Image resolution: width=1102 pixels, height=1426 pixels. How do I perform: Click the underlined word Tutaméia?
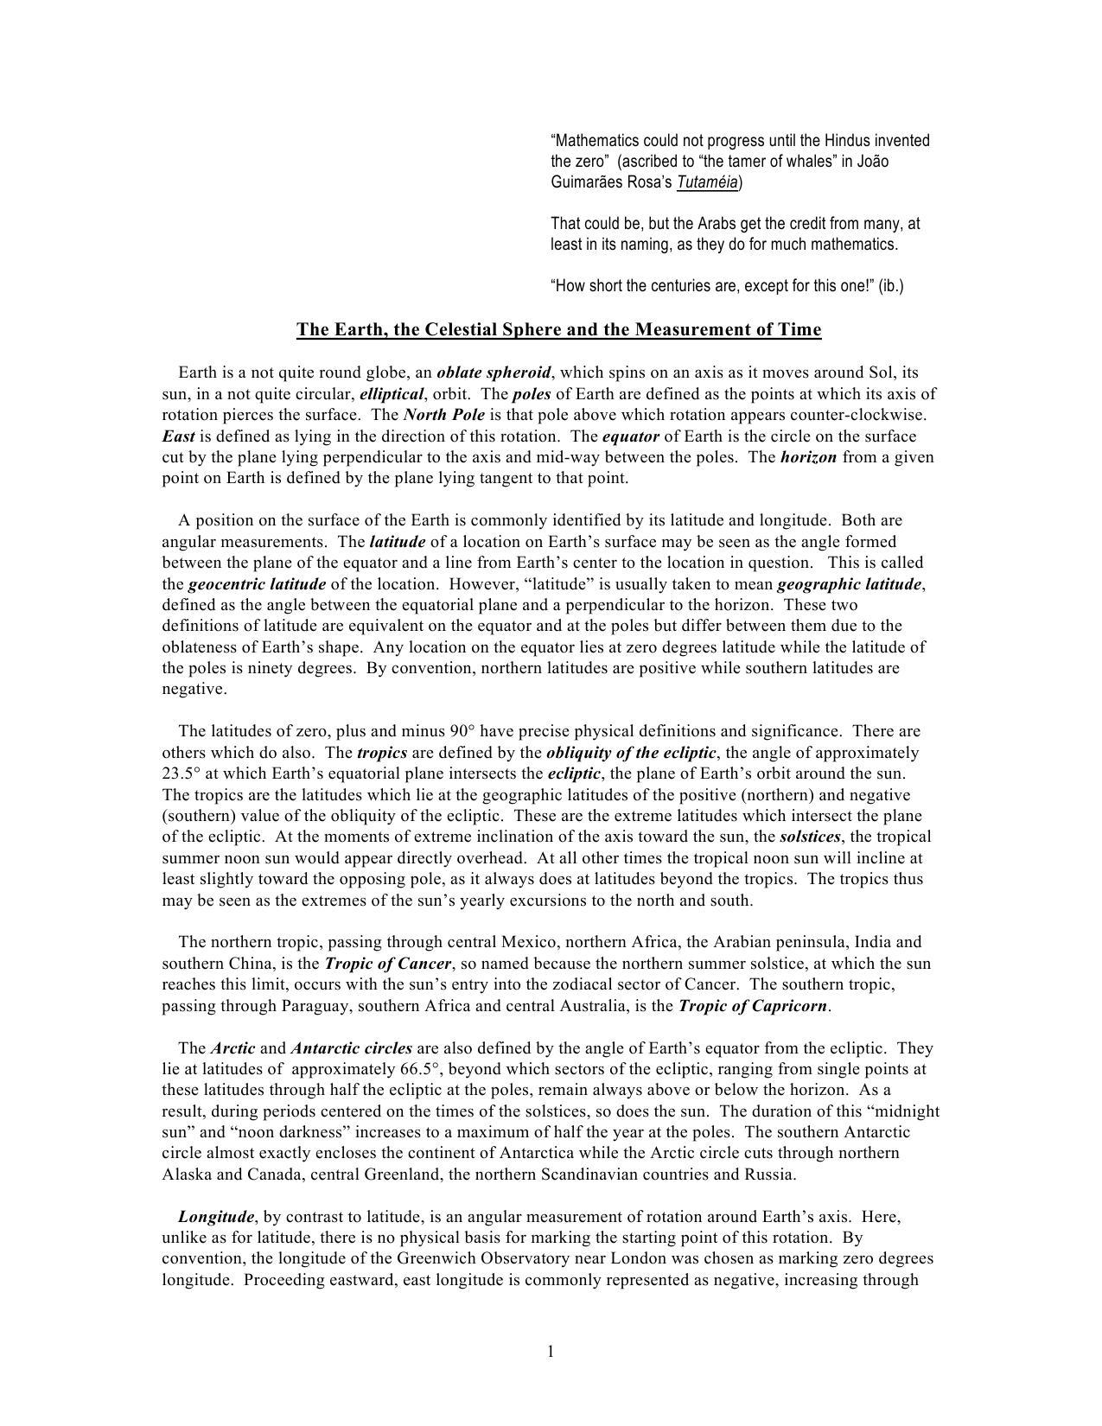click(x=707, y=182)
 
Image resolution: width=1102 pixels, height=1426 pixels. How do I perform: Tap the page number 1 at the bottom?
click(x=550, y=1352)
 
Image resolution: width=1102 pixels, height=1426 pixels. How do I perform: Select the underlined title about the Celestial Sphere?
click(x=558, y=329)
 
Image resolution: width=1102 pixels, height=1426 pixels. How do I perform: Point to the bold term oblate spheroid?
click(x=494, y=372)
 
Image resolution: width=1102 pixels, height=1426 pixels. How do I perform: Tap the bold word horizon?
click(x=808, y=457)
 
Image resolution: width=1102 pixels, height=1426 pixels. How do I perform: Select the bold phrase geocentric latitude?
click(x=257, y=584)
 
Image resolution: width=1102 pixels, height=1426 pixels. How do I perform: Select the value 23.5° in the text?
click(x=182, y=773)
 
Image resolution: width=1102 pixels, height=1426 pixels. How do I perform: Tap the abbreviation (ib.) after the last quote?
click(x=891, y=286)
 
